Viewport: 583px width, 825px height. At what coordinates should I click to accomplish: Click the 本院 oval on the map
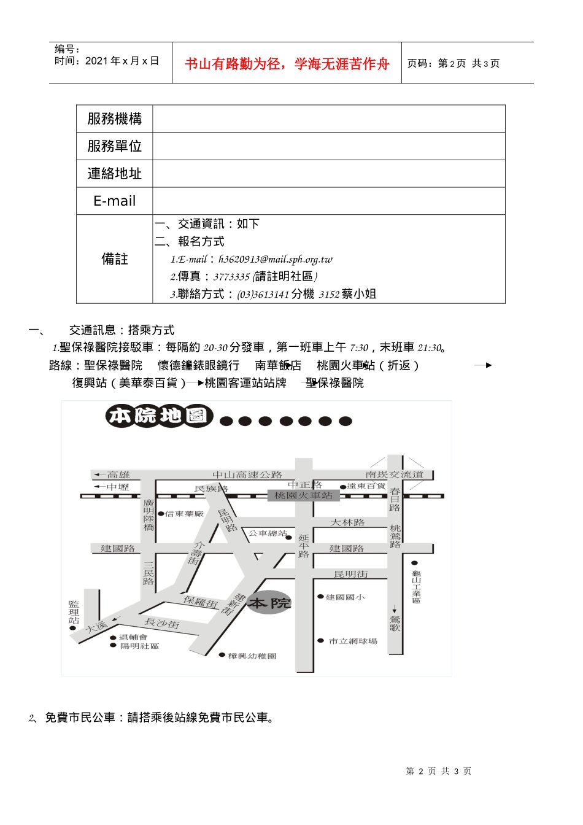point(269,604)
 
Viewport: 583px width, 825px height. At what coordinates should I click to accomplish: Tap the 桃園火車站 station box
point(303,495)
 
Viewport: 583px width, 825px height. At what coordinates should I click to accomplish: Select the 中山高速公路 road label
point(247,474)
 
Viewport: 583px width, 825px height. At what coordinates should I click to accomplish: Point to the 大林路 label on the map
point(348,522)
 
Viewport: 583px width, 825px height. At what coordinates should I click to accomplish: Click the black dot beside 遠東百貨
point(343,487)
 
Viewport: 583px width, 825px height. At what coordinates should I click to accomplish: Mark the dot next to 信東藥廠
point(161,514)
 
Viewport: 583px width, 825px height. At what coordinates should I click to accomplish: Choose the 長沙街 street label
point(162,623)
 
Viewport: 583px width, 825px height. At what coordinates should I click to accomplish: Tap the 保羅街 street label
point(201,602)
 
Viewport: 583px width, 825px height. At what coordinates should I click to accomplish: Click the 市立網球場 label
point(353,641)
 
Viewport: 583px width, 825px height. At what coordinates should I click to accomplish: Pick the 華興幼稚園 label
point(252,656)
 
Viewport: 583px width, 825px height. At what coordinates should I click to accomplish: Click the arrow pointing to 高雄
point(98,474)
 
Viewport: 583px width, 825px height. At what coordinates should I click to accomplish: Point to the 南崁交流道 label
point(395,474)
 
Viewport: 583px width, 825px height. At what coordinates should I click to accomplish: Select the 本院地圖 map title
point(159,416)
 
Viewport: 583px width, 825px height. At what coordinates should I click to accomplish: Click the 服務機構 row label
point(114,118)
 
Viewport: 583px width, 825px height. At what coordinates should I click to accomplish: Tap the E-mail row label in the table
point(114,201)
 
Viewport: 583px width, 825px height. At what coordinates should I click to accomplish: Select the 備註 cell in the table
point(114,259)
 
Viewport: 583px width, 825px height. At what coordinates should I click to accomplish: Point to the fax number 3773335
point(231,277)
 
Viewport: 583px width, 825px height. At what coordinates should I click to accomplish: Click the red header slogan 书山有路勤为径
point(287,64)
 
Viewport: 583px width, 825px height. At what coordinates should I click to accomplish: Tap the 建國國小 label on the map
point(345,597)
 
